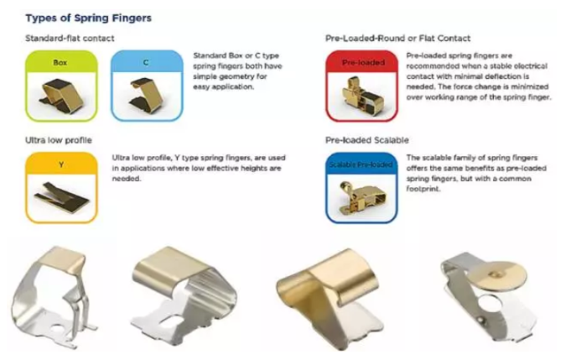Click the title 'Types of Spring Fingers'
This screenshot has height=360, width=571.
coord(88,18)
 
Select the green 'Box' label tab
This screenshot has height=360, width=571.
coord(61,62)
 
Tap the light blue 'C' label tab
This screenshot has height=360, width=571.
coord(147,62)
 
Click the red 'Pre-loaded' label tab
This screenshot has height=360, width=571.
coord(361,62)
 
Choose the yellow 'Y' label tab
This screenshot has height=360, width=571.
coord(61,164)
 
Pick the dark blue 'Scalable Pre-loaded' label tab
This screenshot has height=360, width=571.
coord(361,164)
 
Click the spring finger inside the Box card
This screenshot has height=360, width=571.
coord(61,96)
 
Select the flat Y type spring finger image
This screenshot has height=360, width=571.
coord(62,196)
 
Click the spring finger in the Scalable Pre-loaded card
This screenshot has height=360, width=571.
coord(362,197)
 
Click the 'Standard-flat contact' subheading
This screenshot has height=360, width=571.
coord(70,39)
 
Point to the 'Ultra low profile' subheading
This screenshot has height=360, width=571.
coord(58,140)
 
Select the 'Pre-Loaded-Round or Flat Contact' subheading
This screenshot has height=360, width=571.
coord(397,39)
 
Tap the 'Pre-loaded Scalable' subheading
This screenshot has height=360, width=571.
coord(367,140)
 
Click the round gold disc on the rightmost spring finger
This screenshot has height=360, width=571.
coord(501,275)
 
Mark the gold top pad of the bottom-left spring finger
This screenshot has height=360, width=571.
coord(63,259)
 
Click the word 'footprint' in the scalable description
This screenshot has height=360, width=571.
coord(423,189)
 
